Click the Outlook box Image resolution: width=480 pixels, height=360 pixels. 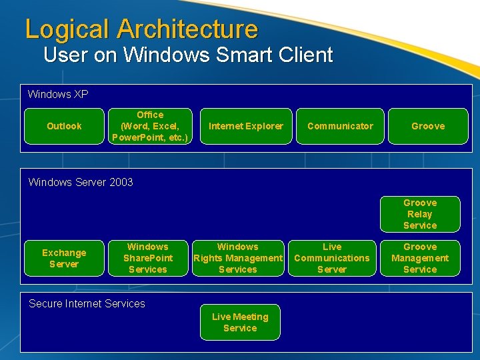tap(64, 126)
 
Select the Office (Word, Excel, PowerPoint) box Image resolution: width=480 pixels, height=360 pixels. tap(150, 126)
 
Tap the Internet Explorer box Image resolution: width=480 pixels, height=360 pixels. tap(246, 126)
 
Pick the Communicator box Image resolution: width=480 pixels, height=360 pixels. tap(340, 126)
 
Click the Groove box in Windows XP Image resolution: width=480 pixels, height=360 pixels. tap(428, 126)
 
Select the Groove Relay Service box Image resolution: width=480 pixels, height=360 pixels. tap(420, 214)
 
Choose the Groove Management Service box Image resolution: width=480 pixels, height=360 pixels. tap(420, 258)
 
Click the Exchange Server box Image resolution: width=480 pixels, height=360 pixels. tap(64, 258)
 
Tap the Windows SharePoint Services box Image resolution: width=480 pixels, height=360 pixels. tap(148, 258)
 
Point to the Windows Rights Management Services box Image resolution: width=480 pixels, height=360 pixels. tap(238, 258)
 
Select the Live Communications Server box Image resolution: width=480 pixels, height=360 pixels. tap(332, 258)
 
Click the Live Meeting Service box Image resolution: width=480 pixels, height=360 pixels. tap(240, 322)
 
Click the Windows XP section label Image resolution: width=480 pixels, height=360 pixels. tap(58, 95)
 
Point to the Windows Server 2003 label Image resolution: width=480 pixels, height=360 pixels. tap(81, 183)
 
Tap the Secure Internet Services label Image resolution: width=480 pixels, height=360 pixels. tap(87, 304)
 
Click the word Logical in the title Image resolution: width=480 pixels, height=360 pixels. tap(67, 29)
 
